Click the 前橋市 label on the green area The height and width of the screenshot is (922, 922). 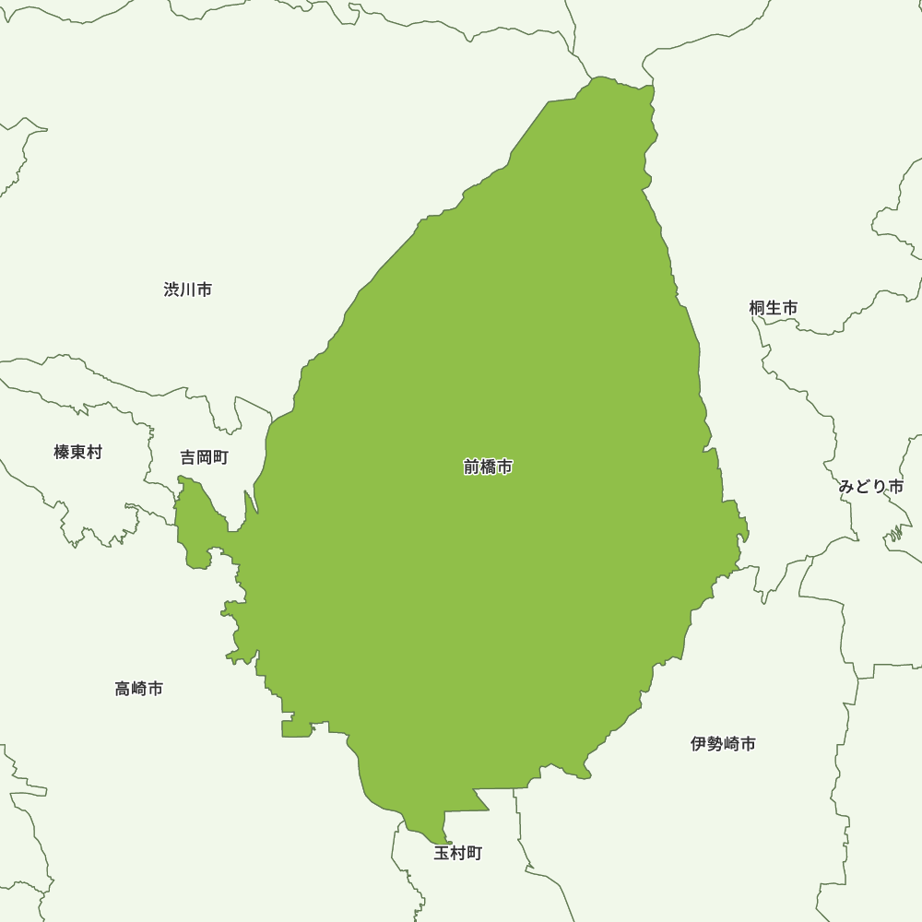(x=488, y=467)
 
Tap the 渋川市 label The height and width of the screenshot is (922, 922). (x=188, y=290)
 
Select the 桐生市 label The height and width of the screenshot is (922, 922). (x=774, y=308)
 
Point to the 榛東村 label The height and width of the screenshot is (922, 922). (x=78, y=452)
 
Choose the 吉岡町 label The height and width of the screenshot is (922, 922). (x=204, y=457)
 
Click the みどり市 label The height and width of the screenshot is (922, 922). (x=871, y=487)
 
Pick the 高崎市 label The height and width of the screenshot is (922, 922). (x=139, y=688)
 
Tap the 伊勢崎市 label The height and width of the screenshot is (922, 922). (x=724, y=743)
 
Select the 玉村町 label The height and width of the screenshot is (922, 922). (x=458, y=853)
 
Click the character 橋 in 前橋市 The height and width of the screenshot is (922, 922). (x=488, y=467)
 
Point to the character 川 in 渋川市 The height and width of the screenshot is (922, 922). (x=188, y=290)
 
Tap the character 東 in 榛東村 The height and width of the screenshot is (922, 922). (x=78, y=452)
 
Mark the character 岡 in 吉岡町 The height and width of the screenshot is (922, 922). (x=204, y=457)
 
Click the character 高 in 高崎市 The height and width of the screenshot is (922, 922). (x=124, y=688)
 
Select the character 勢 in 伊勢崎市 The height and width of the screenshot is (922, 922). (x=715, y=743)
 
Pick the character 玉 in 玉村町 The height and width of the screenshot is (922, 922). (x=443, y=853)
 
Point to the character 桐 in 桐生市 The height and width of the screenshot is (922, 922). (x=758, y=308)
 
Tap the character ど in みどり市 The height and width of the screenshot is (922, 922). (x=863, y=487)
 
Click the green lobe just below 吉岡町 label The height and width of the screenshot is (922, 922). (x=195, y=526)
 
